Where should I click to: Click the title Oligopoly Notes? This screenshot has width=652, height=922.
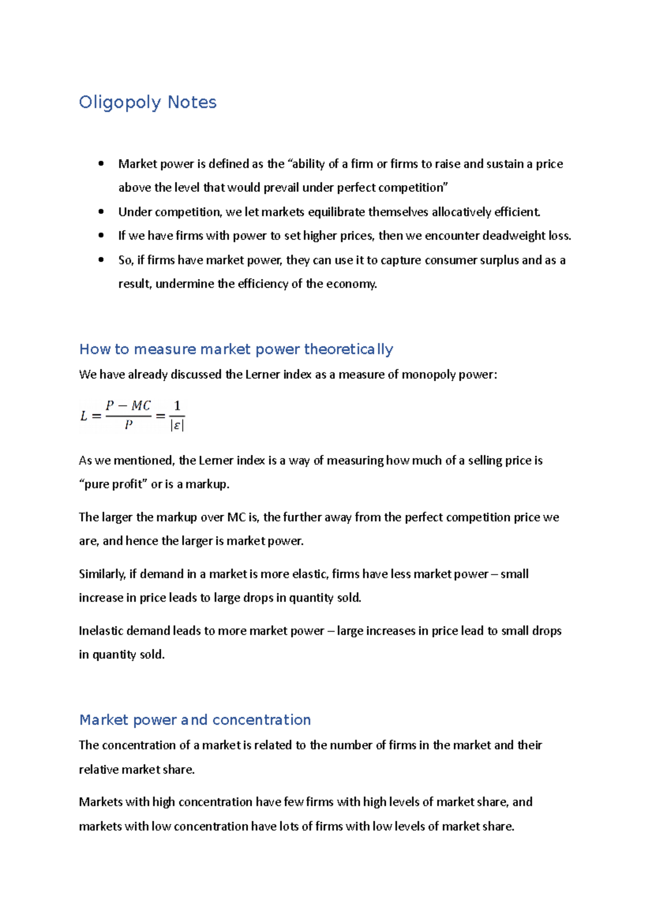[147, 102]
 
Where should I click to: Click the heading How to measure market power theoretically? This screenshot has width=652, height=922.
[236, 349]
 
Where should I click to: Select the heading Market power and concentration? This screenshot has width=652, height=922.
[195, 720]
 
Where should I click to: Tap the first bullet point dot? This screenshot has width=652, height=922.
[101, 163]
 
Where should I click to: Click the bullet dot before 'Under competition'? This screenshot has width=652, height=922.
[101, 212]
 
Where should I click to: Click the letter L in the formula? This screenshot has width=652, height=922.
[84, 416]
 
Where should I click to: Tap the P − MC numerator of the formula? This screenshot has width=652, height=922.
[128, 406]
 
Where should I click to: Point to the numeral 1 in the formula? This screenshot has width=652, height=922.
[177, 406]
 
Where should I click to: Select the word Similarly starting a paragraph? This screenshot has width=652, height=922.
[102, 574]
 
